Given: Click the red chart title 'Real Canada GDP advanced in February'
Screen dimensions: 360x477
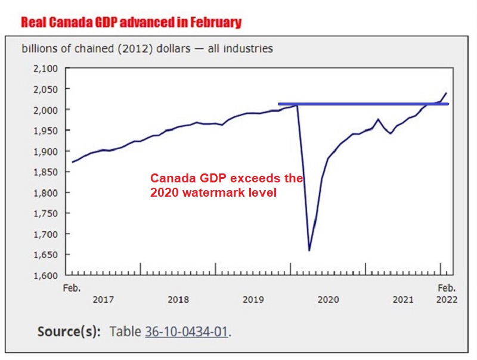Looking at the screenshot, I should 131,23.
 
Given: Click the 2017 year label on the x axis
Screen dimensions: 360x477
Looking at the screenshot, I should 104,299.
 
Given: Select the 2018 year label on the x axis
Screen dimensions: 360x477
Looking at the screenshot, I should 178,299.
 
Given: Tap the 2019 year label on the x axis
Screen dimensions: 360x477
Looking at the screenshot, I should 253,299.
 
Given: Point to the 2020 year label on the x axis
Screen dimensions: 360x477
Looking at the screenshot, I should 328,299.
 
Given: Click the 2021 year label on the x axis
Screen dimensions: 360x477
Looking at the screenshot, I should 403,299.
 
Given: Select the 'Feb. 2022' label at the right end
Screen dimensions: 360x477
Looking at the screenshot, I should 447,293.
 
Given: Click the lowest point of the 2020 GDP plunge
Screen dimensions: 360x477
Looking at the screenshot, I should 309,250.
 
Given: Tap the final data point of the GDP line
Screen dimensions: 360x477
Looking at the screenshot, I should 447,93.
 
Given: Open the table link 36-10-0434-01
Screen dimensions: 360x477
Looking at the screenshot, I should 186,331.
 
